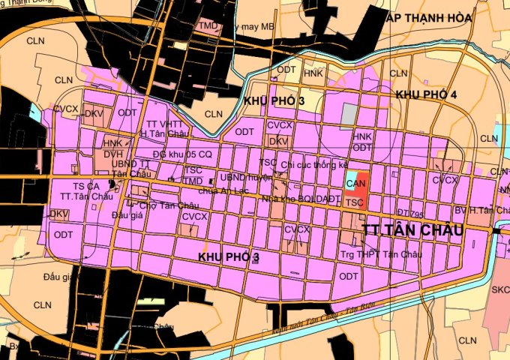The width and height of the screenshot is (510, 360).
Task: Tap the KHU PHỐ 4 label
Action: (x=426, y=94)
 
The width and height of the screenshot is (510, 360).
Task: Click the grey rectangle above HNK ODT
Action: (x=349, y=115)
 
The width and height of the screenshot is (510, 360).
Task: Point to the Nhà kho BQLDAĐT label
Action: (x=297, y=199)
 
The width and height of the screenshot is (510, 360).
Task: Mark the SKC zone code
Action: (x=500, y=289)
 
